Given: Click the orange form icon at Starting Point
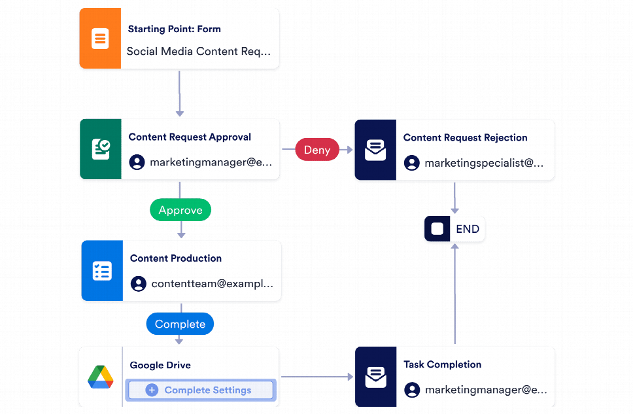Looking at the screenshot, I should coord(100,39).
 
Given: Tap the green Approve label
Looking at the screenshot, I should coord(180,210).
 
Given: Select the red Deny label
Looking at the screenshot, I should coord(317,150).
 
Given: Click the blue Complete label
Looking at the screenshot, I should coord(180,324).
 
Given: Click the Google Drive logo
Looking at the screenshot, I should coord(101,377).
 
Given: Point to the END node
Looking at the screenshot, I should coord(454,229).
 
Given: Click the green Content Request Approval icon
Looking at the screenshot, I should coord(101,149).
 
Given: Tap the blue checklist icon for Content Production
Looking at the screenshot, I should coord(102,271).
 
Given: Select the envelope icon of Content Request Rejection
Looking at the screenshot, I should coord(375,150).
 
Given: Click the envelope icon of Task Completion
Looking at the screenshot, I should coord(375,377).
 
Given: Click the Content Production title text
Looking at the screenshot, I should coord(176,258).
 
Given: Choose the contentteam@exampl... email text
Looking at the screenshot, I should coord(212,284).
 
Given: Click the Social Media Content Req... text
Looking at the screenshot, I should coord(198,52).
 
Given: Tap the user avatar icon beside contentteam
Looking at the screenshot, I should coord(138,284).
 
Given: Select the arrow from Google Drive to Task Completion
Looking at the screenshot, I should coord(316,377).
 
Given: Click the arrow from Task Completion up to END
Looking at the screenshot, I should coord(454,294).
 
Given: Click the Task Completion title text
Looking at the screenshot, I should coord(442,365).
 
